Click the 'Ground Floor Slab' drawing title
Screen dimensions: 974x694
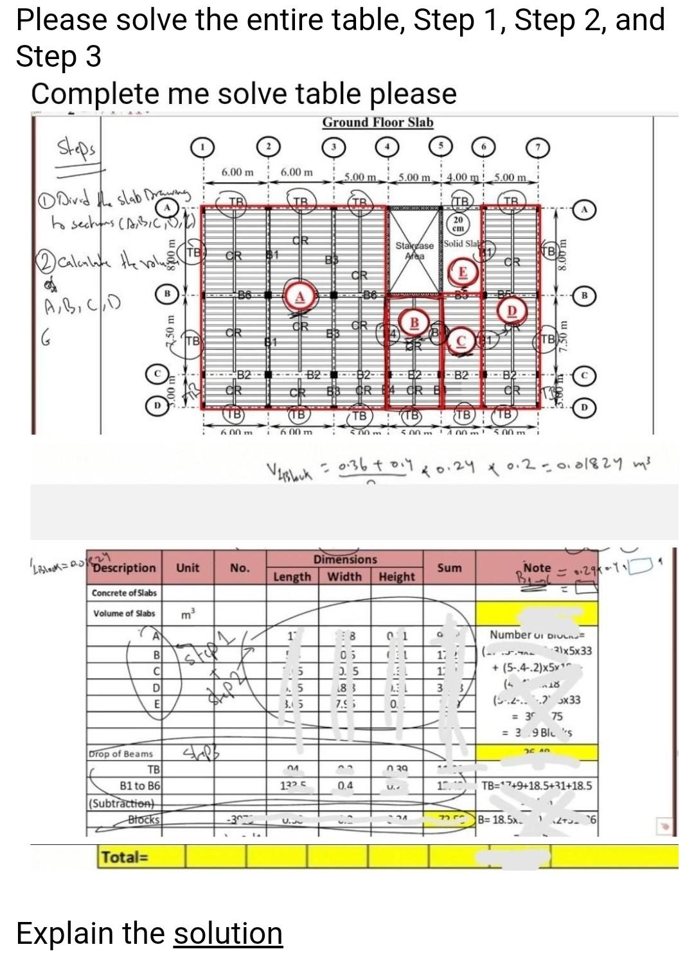(x=378, y=122)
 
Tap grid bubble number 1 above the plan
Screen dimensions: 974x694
(x=203, y=148)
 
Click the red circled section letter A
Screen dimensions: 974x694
(x=299, y=296)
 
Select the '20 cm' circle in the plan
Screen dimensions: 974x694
(x=458, y=224)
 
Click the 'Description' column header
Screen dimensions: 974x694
(x=124, y=568)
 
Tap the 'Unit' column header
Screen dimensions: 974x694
(x=188, y=568)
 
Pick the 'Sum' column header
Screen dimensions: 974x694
(x=449, y=568)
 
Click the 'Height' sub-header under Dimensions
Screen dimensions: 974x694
(x=396, y=577)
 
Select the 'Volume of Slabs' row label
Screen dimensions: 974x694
(x=124, y=613)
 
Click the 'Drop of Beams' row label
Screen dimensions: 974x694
(x=121, y=754)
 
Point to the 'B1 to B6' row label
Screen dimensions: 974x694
(x=140, y=785)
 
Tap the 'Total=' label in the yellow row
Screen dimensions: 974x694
(x=125, y=857)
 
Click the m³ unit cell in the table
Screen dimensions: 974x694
(x=186, y=614)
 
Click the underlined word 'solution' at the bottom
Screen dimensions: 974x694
(x=228, y=933)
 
